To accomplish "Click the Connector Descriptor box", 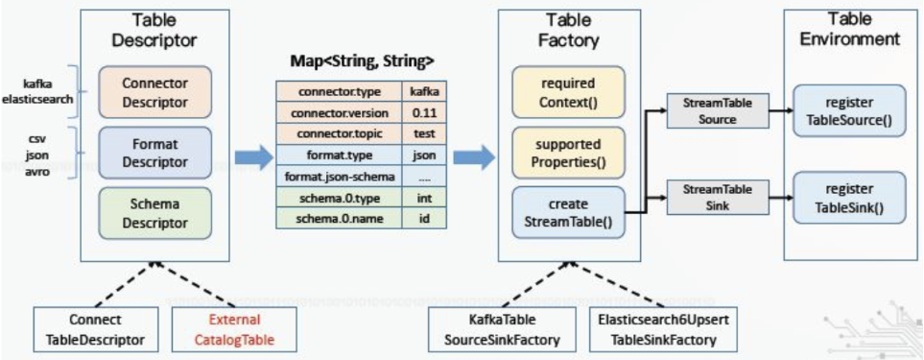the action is pos(154,91).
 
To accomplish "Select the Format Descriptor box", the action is pos(154,152).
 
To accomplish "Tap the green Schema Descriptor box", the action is pos(154,213).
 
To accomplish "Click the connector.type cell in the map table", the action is pos(339,92).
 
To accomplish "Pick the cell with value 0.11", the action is pos(424,113).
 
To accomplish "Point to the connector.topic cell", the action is pos(339,134).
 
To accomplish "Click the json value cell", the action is pos(424,156).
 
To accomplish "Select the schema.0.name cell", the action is pos(339,219).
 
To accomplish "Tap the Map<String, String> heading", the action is pos(362,60).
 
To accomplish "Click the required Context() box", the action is pos(567,92).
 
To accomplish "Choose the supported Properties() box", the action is pos(567,152).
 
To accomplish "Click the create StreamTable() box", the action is pos(567,213).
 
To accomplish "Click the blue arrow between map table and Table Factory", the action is pos(474,156).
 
